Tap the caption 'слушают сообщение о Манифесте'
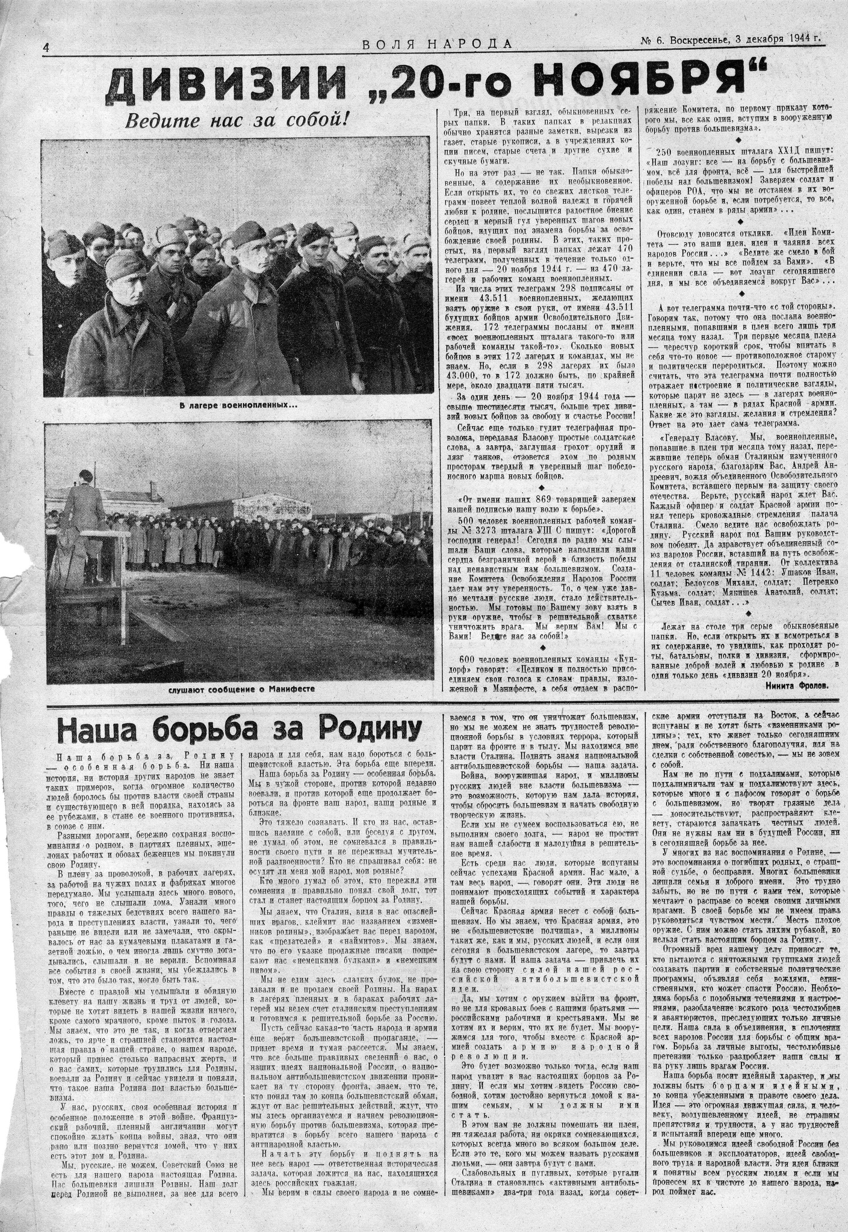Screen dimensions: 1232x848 [242, 688]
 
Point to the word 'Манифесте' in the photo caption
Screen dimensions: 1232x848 [289, 688]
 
